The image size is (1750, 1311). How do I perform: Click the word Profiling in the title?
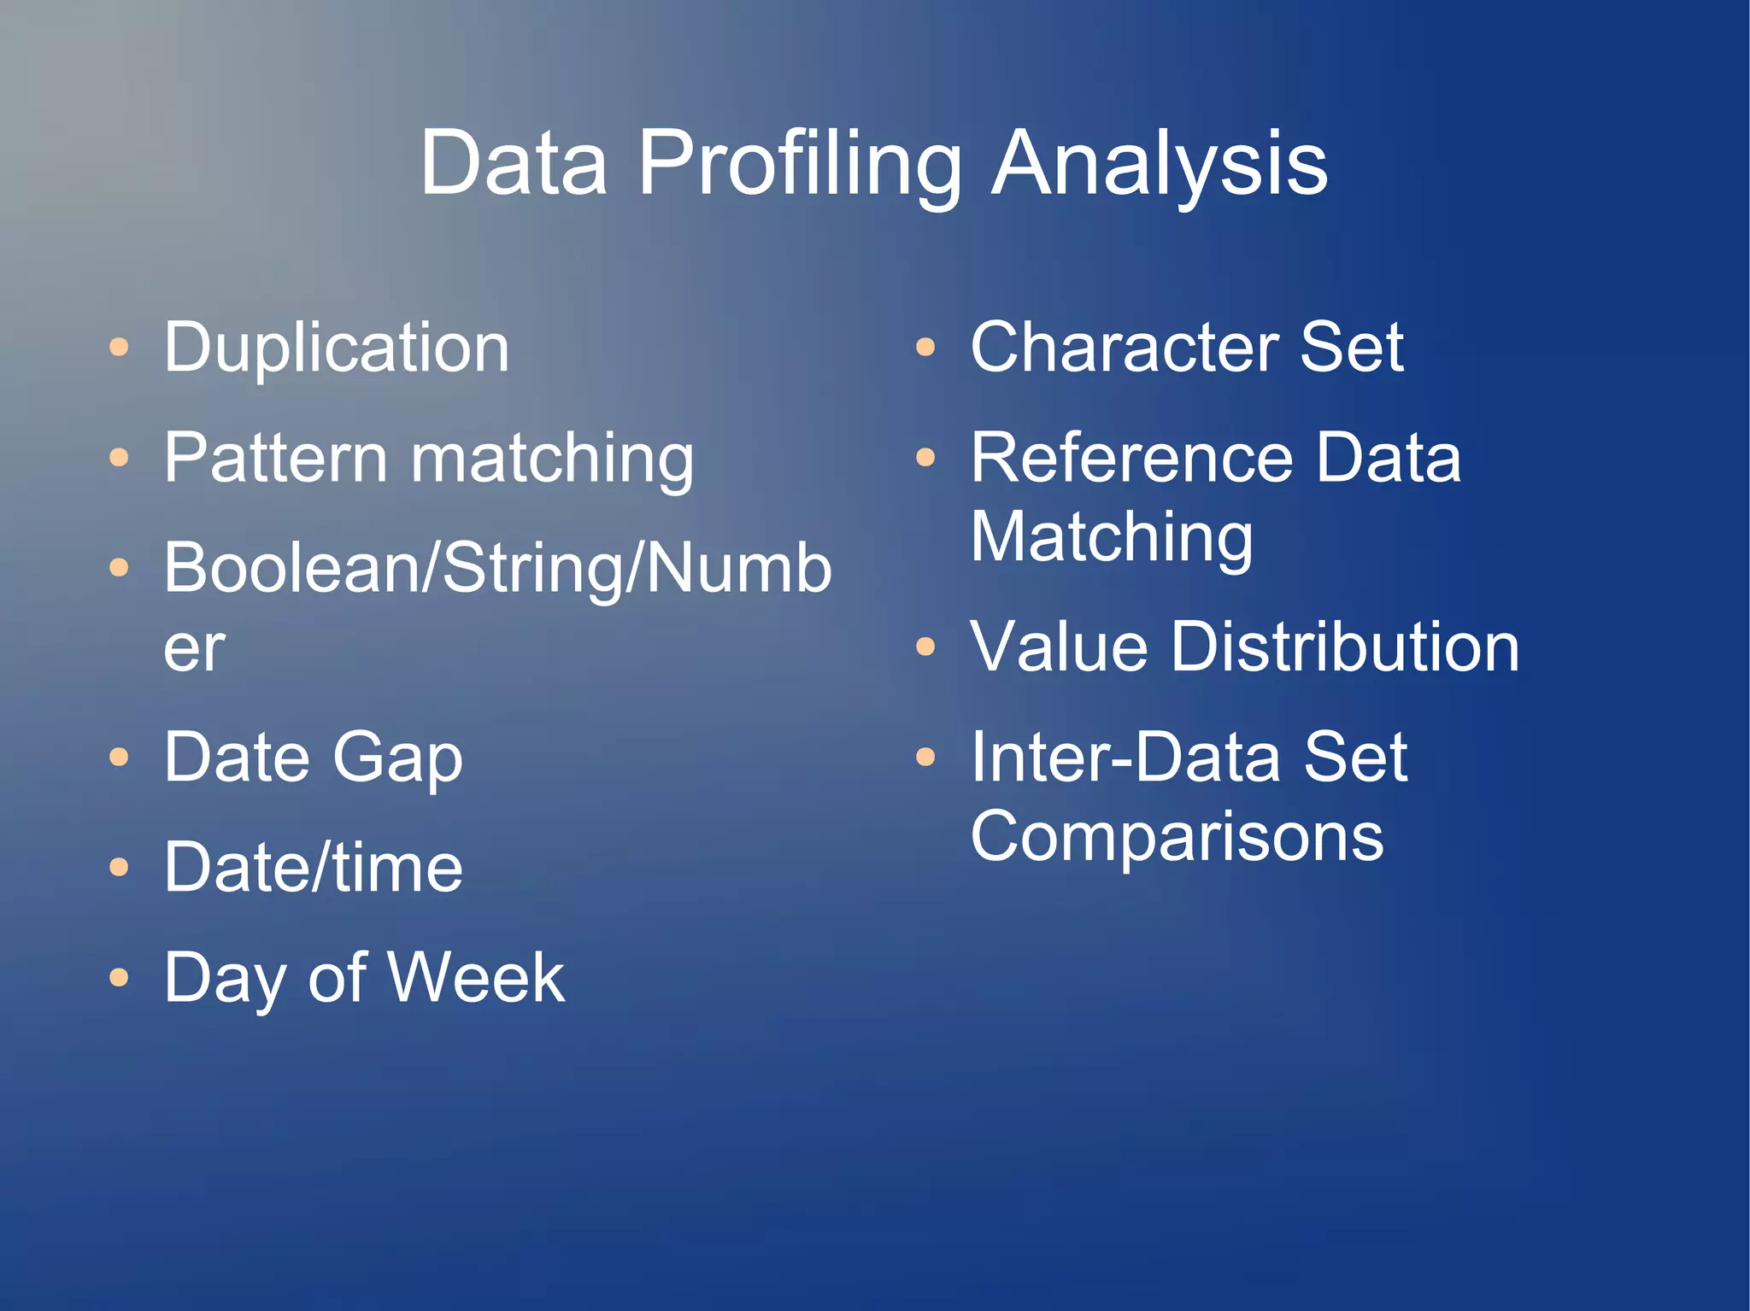[x=800, y=164]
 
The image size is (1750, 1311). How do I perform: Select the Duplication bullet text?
[x=337, y=348]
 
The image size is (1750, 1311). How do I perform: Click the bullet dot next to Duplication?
[x=120, y=348]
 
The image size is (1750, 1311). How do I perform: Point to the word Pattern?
[x=275, y=459]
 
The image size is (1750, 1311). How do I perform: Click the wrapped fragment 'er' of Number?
[x=194, y=649]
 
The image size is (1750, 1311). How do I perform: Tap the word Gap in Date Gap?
[x=397, y=758]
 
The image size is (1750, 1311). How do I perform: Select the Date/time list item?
[x=313, y=868]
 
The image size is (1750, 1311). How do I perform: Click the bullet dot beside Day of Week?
[x=120, y=978]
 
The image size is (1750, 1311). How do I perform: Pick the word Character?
[x=1124, y=348]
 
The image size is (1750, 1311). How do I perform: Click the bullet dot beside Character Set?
[x=925, y=348]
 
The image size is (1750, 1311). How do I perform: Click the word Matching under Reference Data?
[x=1111, y=538]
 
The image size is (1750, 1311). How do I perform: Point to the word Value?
[x=1058, y=647]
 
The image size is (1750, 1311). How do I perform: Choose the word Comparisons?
[x=1177, y=837]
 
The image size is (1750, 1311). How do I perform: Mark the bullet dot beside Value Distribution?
[x=925, y=647]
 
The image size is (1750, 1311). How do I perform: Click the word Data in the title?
[x=514, y=164]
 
